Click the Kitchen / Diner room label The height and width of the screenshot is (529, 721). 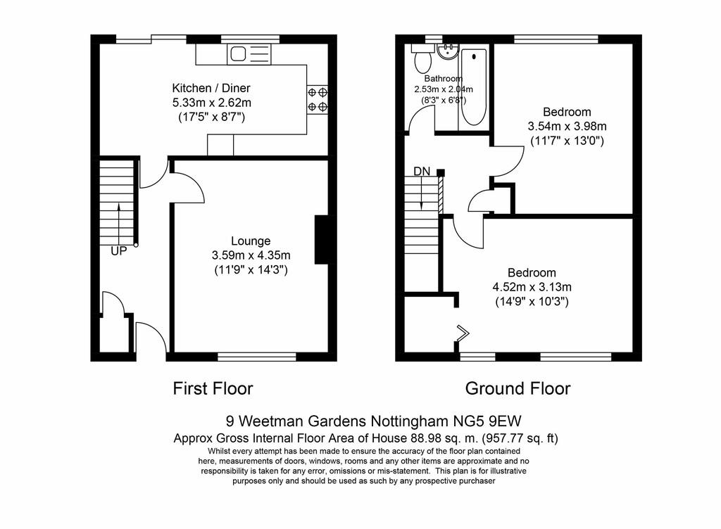[211, 88]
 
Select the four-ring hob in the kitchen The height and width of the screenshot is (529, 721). [318, 100]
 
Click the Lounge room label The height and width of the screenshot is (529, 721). [251, 241]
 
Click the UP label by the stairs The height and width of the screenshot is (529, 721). [118, 251]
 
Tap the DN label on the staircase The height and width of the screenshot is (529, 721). [422, 171]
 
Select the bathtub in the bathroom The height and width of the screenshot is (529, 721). [473, 87]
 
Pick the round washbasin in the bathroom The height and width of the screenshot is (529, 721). [447, 51]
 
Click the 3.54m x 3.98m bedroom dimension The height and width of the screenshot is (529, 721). [567, 126]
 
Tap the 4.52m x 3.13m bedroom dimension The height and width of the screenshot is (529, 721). [532, 287]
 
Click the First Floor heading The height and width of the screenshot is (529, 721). [213, 388]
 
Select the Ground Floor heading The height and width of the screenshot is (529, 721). [518, 388]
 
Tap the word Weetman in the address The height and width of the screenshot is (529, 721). [271, 421]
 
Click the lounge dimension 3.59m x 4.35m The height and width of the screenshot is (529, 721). [251, 255]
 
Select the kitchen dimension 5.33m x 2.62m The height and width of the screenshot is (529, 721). [211, 103]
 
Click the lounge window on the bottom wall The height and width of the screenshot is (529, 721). [257, 357]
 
